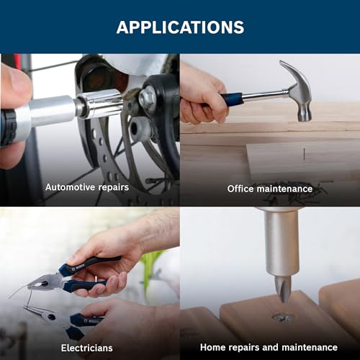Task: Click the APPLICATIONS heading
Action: pos(180,27)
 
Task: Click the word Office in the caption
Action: pos(240,189)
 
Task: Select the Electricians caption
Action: pos(87,348)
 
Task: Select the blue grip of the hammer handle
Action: pos(232,99)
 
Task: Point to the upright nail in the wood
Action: pos(304,154)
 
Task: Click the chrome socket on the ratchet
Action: pos(100,103)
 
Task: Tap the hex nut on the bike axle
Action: pos(147,99)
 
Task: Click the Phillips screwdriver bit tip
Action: pos(283,289)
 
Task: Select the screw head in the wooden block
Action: pos(283,318)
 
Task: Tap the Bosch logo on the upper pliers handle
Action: pos(78,267)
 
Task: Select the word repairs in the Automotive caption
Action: pos(114,187)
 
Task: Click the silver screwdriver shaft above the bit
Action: pos(282,243)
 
